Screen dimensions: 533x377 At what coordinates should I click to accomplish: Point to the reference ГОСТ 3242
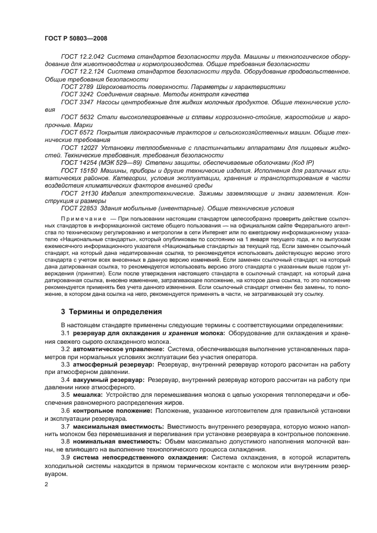(x=77, y=94)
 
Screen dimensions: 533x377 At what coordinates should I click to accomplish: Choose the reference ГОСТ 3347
(x=77, y=101)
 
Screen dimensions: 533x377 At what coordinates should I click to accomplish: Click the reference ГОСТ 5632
(x=77, y=116)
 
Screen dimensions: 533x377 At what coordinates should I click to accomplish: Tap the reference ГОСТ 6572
(x=77, y=132)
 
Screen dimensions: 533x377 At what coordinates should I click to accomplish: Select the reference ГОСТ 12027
(x=79, y=147)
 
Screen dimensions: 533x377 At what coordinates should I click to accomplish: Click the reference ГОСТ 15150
(x=79, y=170)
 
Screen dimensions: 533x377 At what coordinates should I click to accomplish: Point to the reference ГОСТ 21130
(x=79, y=193)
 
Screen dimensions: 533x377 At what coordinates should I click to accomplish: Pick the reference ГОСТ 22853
(x=79, y=208)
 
